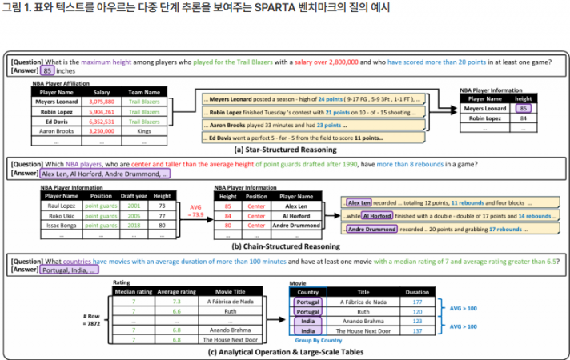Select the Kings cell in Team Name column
[143, 130]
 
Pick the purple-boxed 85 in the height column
[523, 107]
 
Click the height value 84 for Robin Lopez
[523, 118]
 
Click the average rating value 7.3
[177, 302]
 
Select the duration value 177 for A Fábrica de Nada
[416, 302]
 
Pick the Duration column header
[416, 292]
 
